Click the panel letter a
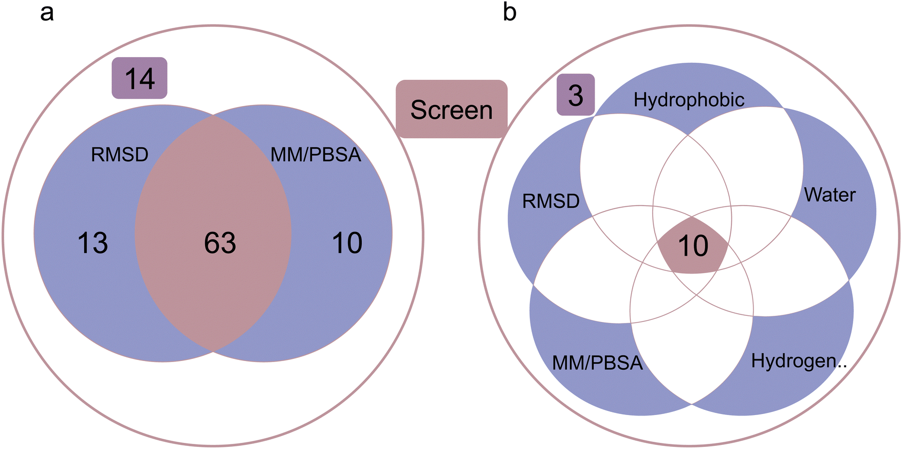tap(47, 12)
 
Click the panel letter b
tap(509, 12)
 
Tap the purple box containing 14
tap(140, 78)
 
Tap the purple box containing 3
tap(576, 95)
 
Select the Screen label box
tap(451, 109)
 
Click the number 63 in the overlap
tap(219, 243)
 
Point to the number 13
tap(93, 243)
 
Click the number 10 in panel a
tap(347, 243)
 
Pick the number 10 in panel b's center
tap(693, 246)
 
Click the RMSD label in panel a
tap(119, 154)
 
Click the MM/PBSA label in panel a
tap(316, 154)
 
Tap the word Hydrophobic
tap(689, 100)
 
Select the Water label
tap(830, 195)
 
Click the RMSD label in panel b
tap(550, 201)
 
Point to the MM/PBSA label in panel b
tap(597, 363)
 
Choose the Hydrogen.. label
tap(799, 361)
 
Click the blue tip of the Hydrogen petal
tap(802, 381)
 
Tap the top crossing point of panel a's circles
tap(213, 115)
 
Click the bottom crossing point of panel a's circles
tap(213, 352)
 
